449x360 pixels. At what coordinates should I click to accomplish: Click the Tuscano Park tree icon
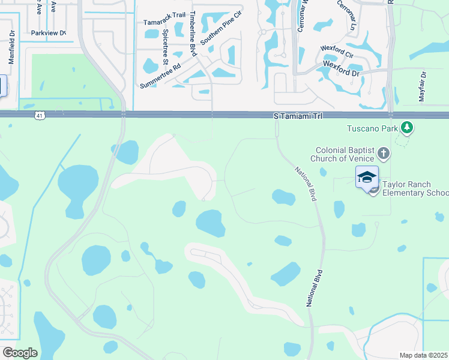(408, 127)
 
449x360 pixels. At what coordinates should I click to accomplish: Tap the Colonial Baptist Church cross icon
(384, 154)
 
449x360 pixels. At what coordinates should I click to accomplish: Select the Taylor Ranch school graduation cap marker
(367, 176)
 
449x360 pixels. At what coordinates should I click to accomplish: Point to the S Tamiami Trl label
(298, 115)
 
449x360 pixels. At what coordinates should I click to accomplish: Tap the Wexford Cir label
(337, 48)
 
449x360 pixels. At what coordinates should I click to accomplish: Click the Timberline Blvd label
(193, 34)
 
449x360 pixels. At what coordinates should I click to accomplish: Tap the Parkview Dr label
(48, 33)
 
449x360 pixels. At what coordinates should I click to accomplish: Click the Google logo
(20, 353)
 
